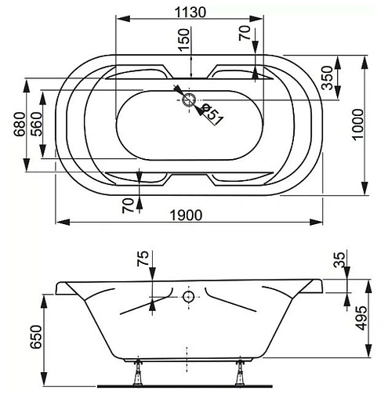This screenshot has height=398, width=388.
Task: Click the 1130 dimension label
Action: pyautogui.click(x=190, y=12)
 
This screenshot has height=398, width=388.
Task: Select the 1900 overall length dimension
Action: pyautogui.click(x=186, y=215)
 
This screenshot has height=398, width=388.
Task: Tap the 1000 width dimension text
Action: pyautogui.click(x=358, y=125)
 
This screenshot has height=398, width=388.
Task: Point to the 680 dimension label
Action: pyautogui.click(x=20, y=124)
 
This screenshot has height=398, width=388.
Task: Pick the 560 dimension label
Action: pyautogui.click(x=36, y=124)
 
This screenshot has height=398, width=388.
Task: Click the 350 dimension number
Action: pyautogui.click(x=328, y=78)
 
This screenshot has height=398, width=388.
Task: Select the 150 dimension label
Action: pyautogui.click(x=183, y=40)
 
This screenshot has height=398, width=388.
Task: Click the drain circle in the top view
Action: pyautogui.click(x=189, y=99)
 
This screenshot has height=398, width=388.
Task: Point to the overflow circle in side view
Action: pyautogui.click(x=189, y=296)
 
